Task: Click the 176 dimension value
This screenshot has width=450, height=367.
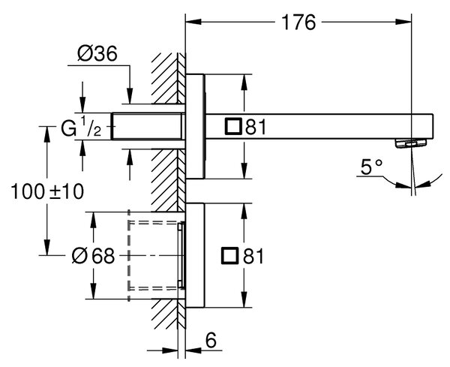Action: pyautogui.click(x=298, y=23)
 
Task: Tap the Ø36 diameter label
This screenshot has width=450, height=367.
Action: pyautogui.click(x=97, y=53)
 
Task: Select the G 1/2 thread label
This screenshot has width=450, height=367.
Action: pyautogui.click(x=81, y=128)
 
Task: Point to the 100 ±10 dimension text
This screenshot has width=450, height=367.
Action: pyautogui.click(x=47, y=192)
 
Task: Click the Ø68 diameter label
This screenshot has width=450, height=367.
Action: pyautogui.click(x=93, y=256)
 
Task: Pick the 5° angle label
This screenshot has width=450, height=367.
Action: pyautogui.click(x=371, y=167)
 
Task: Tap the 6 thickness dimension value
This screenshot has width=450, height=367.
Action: pyautogui.click(x=211, y=341)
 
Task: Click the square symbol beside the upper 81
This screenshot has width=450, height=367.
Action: pyautogui.click(x=233, y=126)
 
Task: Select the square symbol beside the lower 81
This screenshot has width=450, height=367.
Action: pyautogui.click(x=230, y=255)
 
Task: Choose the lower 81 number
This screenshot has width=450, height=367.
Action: pyautogui.click(x=253, y=256)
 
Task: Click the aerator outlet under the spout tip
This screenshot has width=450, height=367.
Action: pyautogui.click(x=411, y=143)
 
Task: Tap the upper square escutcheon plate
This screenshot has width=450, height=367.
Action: pyautogui.click(x=196, y=126)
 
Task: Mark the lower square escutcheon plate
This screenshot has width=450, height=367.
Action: pyautogui.click(x=196, y=255)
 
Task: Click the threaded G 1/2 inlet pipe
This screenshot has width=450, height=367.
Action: pyautogui.click(x=148, y=126)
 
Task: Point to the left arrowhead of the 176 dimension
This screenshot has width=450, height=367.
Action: pyautogui.click(x=193, y=22)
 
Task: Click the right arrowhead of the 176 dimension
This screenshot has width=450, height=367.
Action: pyautogui.click(x=403, y=22)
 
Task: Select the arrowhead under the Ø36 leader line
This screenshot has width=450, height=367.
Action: pyautogui.click(x=130, y=96)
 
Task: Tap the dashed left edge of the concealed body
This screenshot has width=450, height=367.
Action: pyautogui.click(x=129, y=255)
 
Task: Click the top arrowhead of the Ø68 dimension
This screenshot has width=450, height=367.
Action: pyautogui.click(x=93, y=220)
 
